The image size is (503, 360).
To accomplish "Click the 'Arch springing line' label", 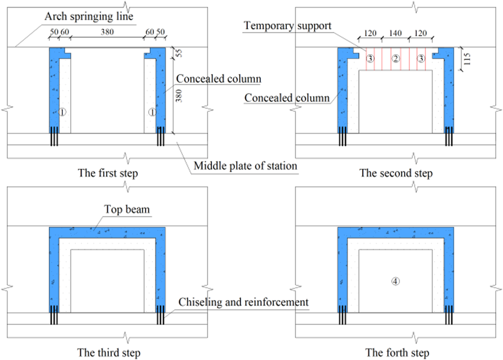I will (89, 16).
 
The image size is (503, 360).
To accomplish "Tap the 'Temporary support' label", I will (287, 26).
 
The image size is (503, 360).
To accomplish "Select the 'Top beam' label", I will (127, 209).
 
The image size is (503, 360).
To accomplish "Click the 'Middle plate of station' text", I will (245, 166).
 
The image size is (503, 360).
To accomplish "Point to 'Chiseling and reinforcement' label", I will (243, 302).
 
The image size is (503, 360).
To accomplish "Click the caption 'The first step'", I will (108, 173).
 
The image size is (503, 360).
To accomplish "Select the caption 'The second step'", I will (396, 173).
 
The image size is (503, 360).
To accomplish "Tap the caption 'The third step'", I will (109, 353).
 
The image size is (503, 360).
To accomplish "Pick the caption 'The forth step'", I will (397, 353).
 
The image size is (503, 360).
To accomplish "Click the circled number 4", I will (395, 282).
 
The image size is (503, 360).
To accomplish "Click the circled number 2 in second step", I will (396, 59).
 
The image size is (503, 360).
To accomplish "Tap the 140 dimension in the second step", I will (395, 33).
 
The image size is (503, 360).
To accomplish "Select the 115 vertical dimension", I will (467, 59).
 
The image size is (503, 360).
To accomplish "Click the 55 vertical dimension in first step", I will (179, 53).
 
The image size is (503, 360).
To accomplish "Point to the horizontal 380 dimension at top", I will (107, 32).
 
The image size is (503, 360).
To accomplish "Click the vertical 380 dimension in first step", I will (179, 96).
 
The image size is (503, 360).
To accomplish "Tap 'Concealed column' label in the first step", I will (219, 79).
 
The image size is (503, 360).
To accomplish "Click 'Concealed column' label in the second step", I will (287, 98).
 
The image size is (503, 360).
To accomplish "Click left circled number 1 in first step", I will (62, 112).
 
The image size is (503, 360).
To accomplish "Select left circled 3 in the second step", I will (370, 59).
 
